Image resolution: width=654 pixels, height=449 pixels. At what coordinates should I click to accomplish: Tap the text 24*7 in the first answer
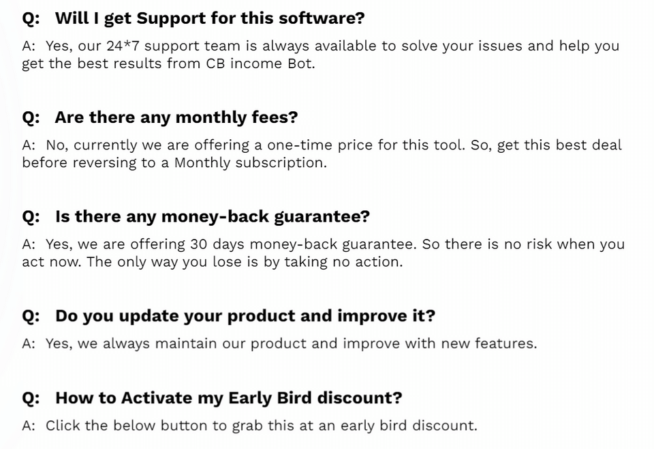pyautogui.click(x=123, y=46)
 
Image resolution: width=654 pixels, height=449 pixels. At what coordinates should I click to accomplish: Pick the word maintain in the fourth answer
pyautogui.click(x=187, y=343)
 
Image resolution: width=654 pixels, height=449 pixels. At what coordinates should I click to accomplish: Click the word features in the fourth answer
pyautogui.click(x=504, y=343)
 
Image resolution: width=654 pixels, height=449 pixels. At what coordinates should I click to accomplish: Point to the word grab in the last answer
pyautogui.click(x=247, y=426)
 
